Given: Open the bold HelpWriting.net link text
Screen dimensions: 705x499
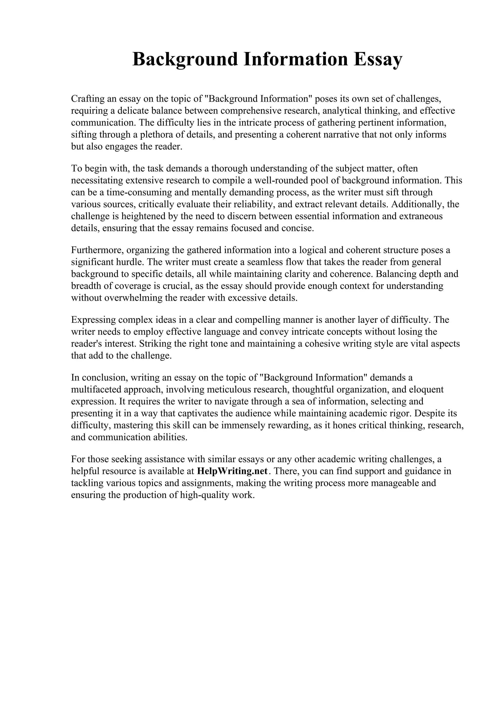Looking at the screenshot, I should pyautogui.click(x=232, y=471).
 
